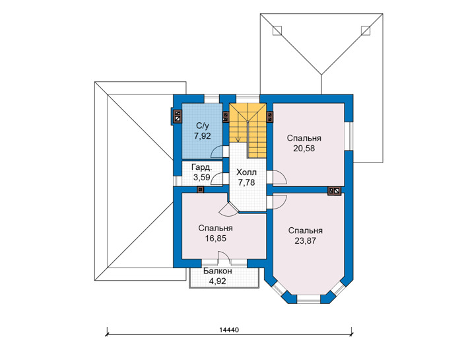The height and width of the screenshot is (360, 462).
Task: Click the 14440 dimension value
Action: (228, 330)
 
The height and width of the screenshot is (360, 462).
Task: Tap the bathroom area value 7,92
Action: (203, 136)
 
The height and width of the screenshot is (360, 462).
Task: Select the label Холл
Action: (246, 172)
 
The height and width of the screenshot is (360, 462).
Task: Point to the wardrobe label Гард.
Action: (201, 168)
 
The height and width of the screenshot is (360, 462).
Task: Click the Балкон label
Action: (217, 271)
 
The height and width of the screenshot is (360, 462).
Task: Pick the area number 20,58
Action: (304, 149)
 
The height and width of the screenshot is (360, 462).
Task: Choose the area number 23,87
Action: (305, 241)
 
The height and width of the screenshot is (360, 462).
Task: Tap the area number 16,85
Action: (216, 238)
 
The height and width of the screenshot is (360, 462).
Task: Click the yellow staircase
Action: (248, 129)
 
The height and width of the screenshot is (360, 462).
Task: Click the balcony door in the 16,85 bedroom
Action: (224, 257)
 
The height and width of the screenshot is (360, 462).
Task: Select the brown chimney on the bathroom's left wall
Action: (178, 116)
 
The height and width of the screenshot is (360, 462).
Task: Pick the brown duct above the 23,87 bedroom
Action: (335, 191)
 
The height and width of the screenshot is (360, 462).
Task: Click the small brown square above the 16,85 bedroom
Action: (201, 190)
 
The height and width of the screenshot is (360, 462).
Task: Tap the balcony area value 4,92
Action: (217, 281)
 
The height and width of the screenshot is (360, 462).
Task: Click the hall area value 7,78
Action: (247, 183)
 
